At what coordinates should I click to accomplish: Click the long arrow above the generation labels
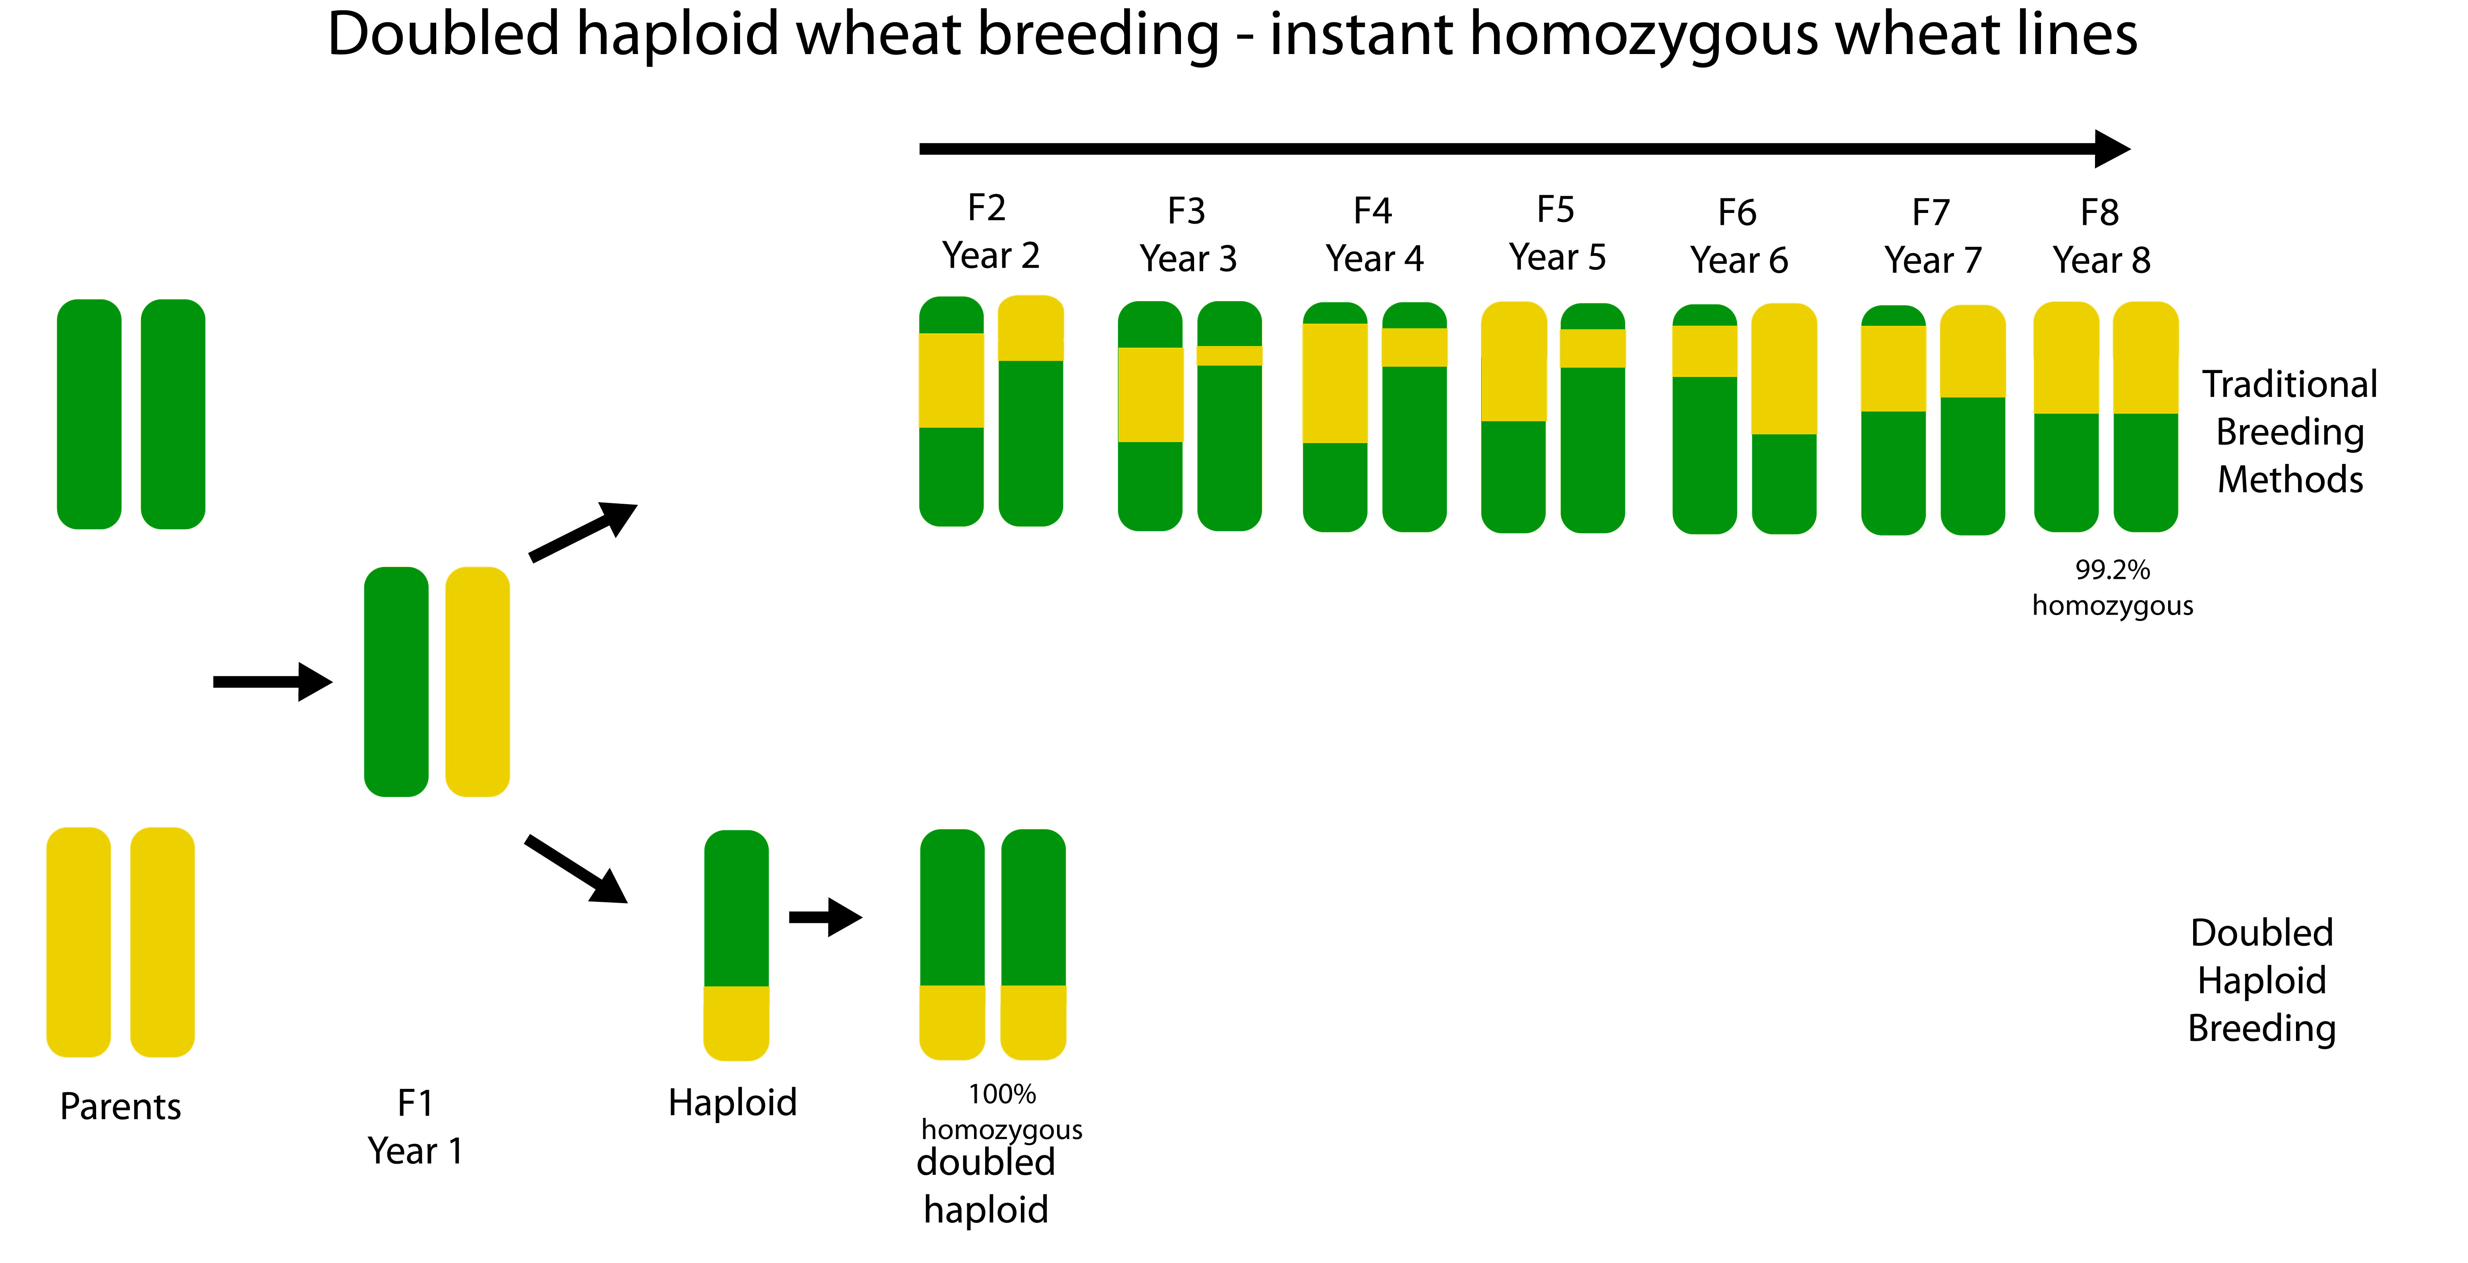click(x=1523, y=149)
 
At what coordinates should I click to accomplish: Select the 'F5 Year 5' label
click(x=1557, y=234)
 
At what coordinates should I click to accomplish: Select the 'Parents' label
click(x=120, y=1107)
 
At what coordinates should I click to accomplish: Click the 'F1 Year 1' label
click(x=416, y=1127)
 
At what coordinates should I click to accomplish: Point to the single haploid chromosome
click(x=736, y=945)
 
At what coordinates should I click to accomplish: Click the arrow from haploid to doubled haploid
click(x=825, y=917)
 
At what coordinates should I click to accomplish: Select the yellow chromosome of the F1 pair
click(x=477, y=681)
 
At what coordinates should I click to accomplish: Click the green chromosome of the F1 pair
click(x=396, y=681)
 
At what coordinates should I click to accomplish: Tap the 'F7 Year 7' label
click(x=1933, y=236)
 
